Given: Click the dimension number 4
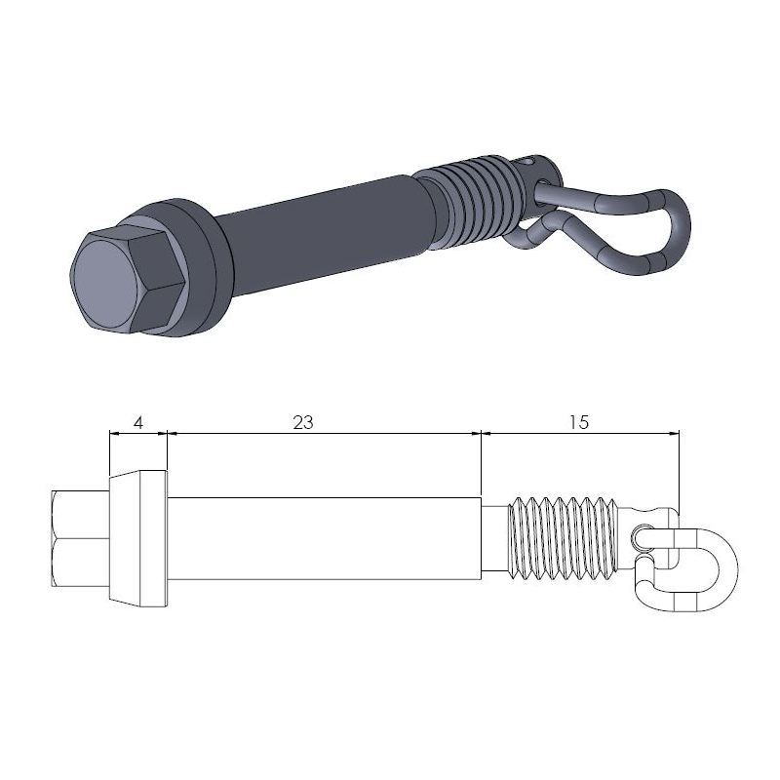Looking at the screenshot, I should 137,422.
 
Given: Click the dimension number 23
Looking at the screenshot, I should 303,422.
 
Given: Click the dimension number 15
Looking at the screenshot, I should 577,422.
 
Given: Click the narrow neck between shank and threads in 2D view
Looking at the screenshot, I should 497,539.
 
